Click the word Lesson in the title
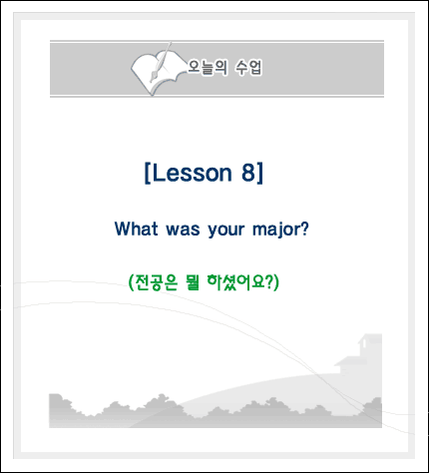click(x=193, y=173)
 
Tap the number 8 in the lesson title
click(x=248, y=173)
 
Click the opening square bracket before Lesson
click(x=148, y=173)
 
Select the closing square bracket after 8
click(x=259, y=173)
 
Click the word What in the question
click(x=136, y=229)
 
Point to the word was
click(x=183, y=230)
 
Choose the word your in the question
click(x=226, y=231)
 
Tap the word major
click(x=276, y=230)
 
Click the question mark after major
click(x=304, y=229)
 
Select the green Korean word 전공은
click(x=157, y=282)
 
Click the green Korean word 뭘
click(x=193, y=282)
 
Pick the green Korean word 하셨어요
click(x=235, y=282)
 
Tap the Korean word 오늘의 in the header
click(x=208, y=68)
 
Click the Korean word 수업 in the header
click(x=248, y=68)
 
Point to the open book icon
click(x=157, y=73)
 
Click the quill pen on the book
click(x=161, y=62)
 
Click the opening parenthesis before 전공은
click(x=131, y=282)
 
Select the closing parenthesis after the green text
click(x=276, y=282)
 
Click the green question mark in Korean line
click(x=269, y=282)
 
